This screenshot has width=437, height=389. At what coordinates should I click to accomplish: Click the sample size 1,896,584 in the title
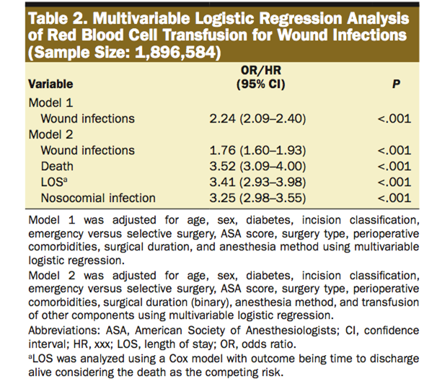(x=167, y=52)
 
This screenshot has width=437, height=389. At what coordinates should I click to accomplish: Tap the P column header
(x=395, y=84)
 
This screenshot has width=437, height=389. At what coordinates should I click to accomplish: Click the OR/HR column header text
(x=261, y=71)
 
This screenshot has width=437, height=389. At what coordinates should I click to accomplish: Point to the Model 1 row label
(x=50, y=102)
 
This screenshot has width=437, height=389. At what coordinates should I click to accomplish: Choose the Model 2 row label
(x=50, y=134)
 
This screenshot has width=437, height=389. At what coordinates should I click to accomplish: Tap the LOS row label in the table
(x=53, y=182)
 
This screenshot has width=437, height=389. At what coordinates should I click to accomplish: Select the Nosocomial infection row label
(x=97, y=198)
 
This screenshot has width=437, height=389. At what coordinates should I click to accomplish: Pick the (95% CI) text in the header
(x=261, y=84)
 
